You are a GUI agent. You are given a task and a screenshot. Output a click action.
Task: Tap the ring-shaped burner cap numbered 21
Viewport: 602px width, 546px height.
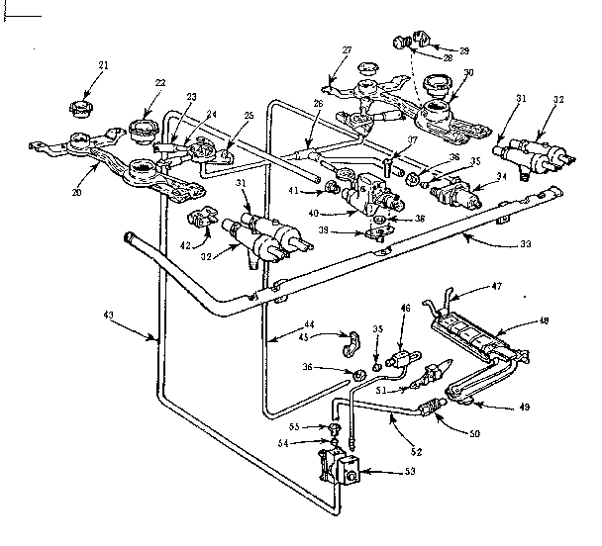point(79,105)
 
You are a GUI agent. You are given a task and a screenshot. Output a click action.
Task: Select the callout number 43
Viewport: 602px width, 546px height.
point(108,314)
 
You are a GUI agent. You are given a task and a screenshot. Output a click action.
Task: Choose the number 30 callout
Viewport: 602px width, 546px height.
point(468,72)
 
